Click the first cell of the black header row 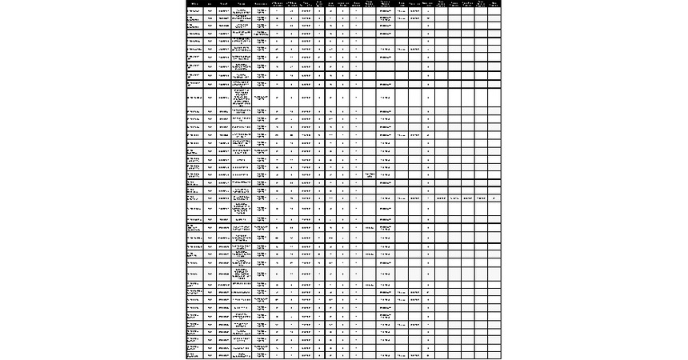192,3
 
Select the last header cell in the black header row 494,3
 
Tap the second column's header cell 210,3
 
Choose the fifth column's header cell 261,3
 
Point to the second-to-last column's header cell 480,3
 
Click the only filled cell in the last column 494,198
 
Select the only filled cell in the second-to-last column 480,198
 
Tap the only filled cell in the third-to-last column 467,198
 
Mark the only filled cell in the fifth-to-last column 441,198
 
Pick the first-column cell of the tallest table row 193,97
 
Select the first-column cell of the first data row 193,11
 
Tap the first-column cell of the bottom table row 193,355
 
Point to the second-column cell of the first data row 210,11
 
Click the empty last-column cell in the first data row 494,11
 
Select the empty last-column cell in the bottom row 494,355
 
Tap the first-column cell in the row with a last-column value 193,198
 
